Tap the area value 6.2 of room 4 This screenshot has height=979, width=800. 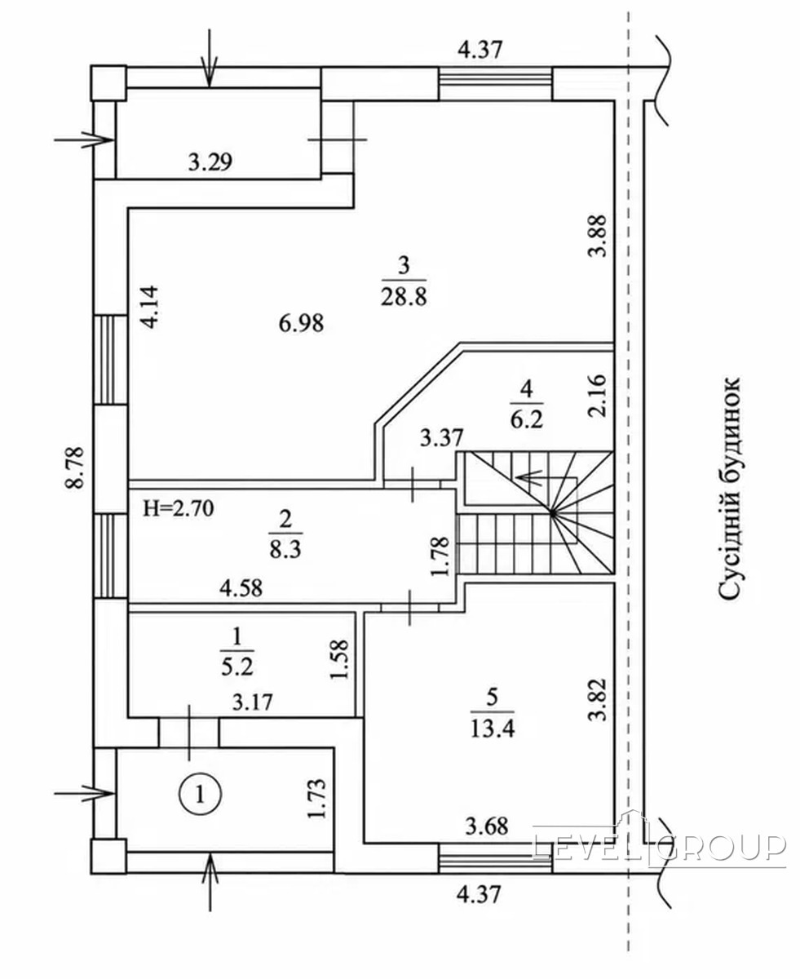point(527,420)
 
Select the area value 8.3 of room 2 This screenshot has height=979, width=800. point(285,550)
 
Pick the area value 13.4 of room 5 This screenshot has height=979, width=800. point(493,728)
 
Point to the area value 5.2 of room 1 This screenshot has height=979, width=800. point(237,668)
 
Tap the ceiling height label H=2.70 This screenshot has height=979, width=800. point(179,509)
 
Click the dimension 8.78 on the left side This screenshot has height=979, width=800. point(75,467)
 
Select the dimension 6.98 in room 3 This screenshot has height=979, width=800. point(301,323)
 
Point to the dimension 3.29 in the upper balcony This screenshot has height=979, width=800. point(210,162)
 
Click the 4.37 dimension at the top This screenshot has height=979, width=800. point(480,50)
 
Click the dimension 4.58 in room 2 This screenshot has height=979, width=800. point(241,588)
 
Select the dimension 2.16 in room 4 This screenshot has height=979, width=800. point(597,396)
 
